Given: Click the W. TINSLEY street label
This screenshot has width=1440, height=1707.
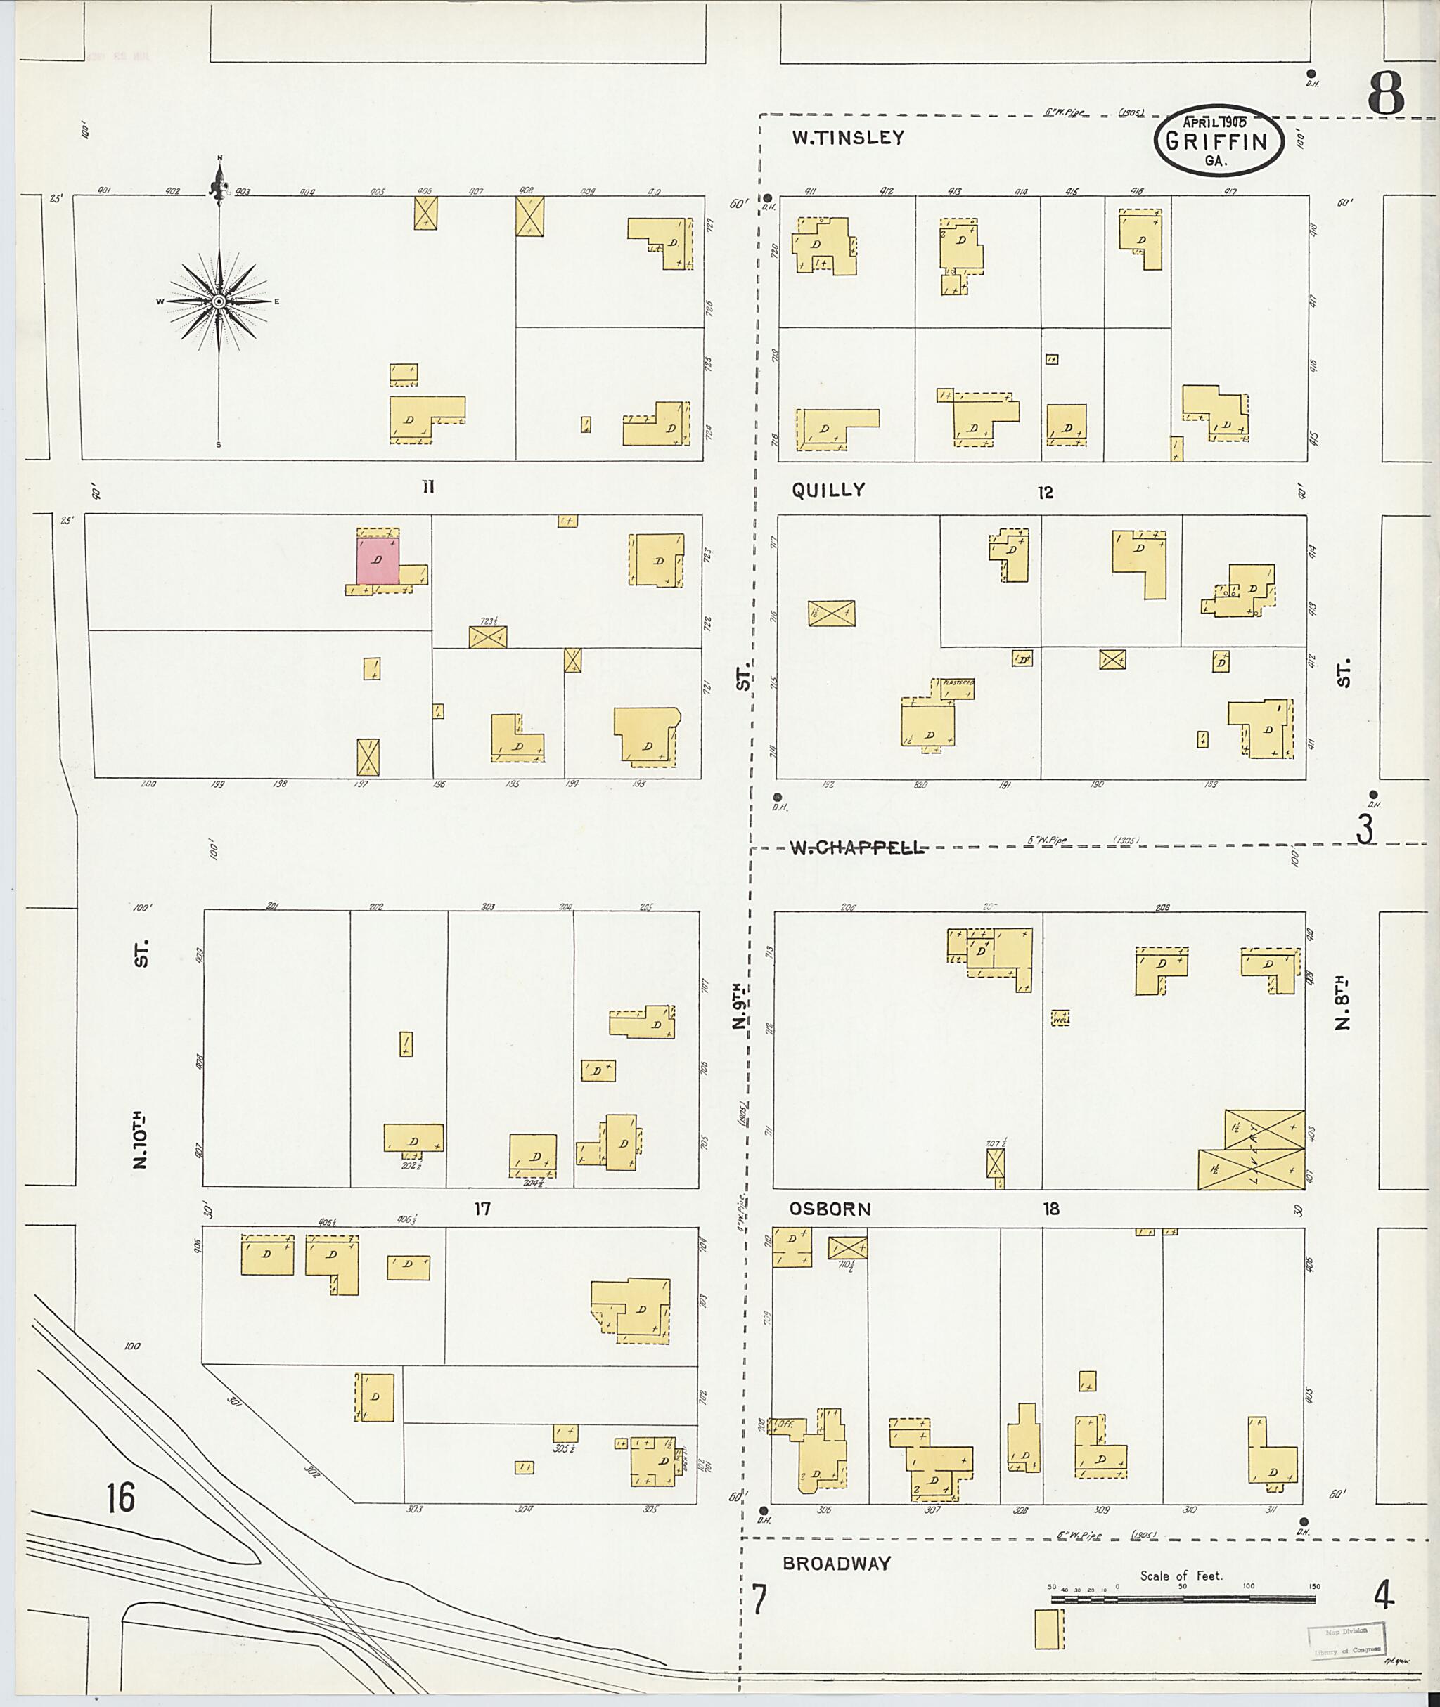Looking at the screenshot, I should (x=848, y=138).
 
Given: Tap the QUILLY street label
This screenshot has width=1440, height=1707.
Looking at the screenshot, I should (x=828, y=490).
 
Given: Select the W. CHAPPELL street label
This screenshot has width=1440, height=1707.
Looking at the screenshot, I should (x=858, y=847).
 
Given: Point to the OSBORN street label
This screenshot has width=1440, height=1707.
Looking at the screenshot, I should (x=830, y=1209).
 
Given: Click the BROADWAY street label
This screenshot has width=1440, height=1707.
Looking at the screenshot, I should (x=837, y=1564).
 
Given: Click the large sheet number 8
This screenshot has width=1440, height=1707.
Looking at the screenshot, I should (x=1386, y=94).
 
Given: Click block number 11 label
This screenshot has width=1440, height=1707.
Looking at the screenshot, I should (x=427, y=487).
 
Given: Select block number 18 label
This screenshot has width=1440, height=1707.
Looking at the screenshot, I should (x=1050, y=1209).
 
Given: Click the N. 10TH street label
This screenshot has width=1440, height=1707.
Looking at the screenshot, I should (x=141, y=1138).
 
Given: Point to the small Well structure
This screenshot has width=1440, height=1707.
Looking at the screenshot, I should (x=1060, y=1018).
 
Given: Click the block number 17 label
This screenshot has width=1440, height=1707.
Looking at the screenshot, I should (x=482, y=1209).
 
